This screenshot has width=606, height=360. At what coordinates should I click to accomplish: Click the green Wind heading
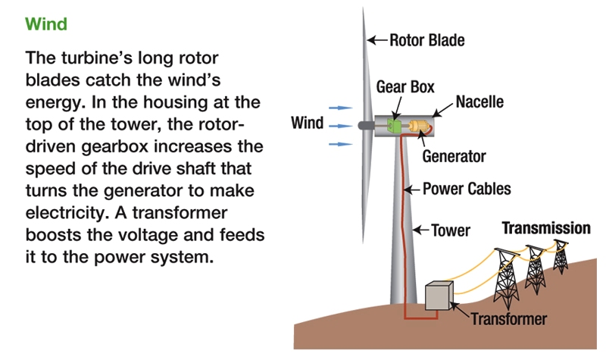coord(46,23)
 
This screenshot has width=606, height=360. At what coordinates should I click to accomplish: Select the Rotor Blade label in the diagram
coord(426,39)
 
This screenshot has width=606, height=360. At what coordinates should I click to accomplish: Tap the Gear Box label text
coord(405,87)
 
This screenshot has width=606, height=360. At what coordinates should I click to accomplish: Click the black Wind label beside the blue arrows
coord(308,123)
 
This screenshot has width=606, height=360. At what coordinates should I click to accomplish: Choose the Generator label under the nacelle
coord(454,157)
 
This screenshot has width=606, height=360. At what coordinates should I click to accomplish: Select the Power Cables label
coord(466,189)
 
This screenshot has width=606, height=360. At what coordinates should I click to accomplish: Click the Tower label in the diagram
coord(450,230)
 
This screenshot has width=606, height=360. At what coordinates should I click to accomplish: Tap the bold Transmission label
coord(547,228)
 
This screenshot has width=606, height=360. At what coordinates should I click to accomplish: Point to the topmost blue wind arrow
coord(345,108)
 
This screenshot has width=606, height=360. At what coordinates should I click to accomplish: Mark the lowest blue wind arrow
coord(345,142)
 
